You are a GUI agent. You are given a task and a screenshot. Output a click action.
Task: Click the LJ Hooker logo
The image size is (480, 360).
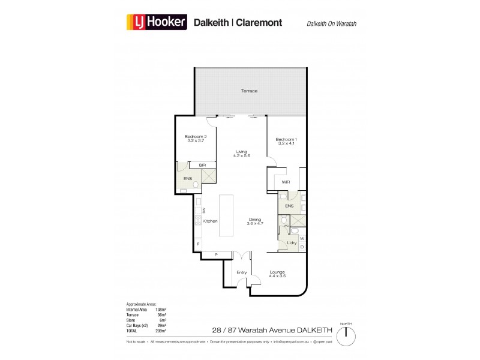[x=157, y=23]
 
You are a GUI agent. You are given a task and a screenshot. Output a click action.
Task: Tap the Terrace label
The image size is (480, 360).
[x=249, y=91]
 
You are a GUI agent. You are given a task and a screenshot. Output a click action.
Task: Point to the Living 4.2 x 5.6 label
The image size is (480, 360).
[x=241, y=154]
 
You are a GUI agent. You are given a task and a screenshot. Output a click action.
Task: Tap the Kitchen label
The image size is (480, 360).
[x=210, y=221]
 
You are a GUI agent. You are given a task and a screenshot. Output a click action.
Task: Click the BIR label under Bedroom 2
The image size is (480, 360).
[x=196, y=165]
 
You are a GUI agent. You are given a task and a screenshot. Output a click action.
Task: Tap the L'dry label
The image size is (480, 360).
[x=292, y=242]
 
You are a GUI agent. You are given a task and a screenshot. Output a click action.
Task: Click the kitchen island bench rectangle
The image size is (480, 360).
[x=226, y=214]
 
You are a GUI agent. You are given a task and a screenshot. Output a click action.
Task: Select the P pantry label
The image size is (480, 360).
[x=215, y=255]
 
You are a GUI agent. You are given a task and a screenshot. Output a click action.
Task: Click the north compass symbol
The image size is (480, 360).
[x=345, y=335]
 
